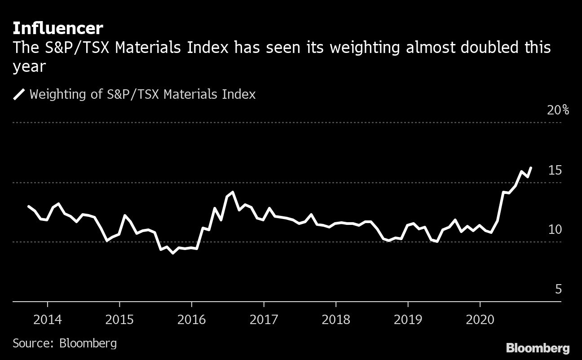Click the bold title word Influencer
(58, 29)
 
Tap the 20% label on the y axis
(558, 110)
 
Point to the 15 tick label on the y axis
(555, 170)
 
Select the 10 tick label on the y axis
(555, 229)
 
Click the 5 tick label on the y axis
(558, 290)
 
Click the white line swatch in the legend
(19, 94)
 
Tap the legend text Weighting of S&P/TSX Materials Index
(142, 94)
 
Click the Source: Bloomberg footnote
(65, 343)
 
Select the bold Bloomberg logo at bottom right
(538, 348)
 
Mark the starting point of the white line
(29, 206)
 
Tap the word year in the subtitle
(30, 66)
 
